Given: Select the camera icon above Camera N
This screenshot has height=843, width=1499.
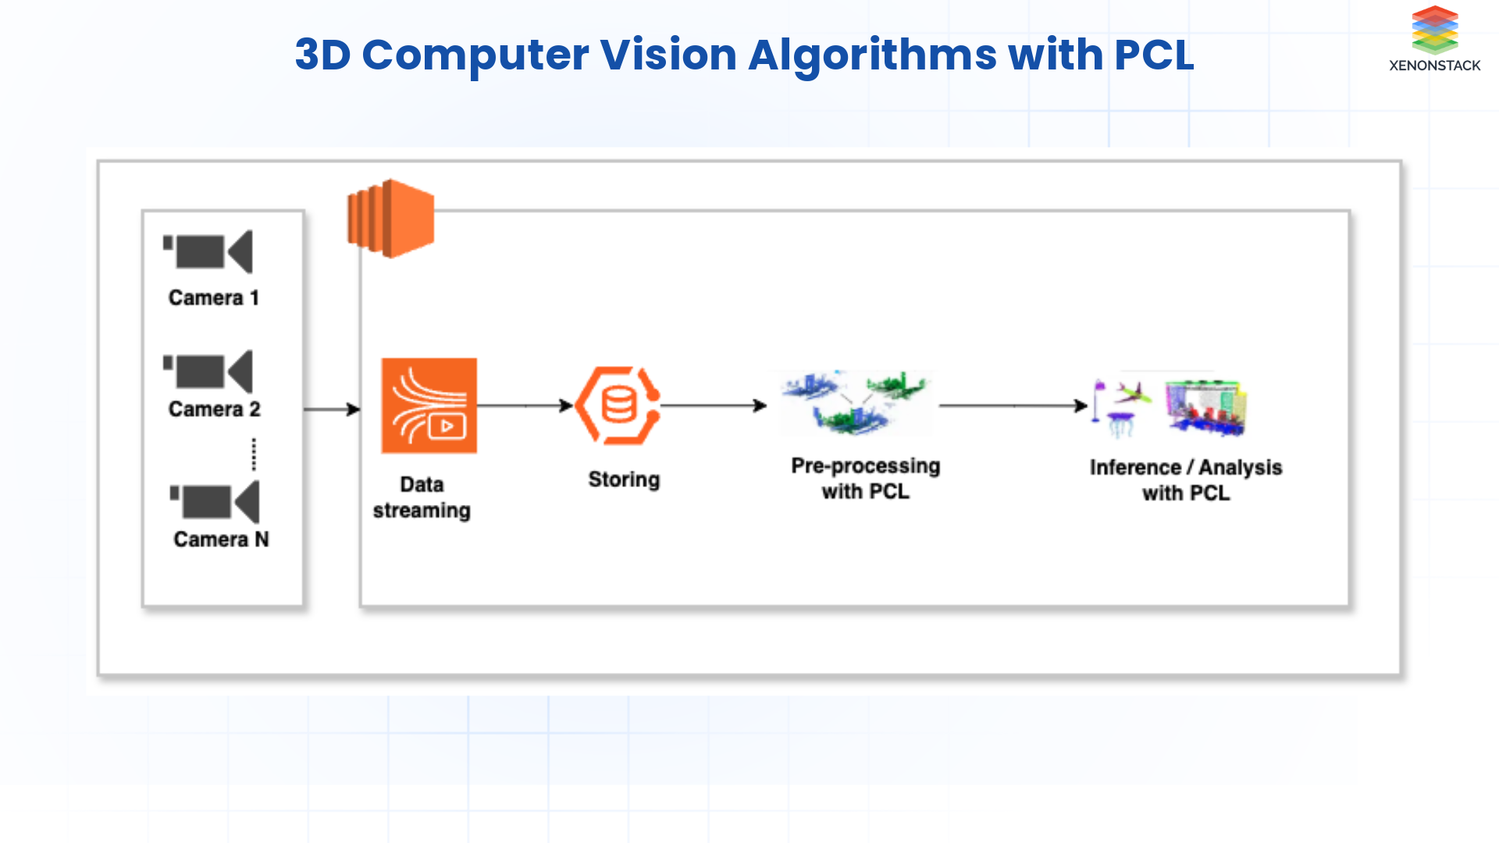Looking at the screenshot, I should click(215, 502).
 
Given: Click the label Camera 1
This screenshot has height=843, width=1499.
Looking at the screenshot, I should click(213, 298).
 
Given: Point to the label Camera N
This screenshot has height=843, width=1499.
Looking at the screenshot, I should click(221, 539).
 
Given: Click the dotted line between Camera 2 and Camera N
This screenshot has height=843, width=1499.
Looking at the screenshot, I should click(254, 454).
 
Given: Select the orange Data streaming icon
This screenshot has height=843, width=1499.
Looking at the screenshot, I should click(429, 406).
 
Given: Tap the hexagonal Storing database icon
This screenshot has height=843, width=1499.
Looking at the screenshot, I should click(618, 406).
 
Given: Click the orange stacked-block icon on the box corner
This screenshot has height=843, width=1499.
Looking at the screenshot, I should click(390, 219).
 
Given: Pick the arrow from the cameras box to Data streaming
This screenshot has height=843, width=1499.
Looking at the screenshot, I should click(332, 409).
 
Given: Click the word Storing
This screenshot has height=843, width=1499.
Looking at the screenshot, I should click(624, 479).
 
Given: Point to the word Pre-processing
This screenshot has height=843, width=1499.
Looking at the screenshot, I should click(865, 466).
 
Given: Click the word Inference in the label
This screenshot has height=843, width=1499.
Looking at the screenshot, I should click(1134, 468).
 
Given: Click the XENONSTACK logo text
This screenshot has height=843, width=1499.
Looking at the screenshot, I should click(1434, 66).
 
